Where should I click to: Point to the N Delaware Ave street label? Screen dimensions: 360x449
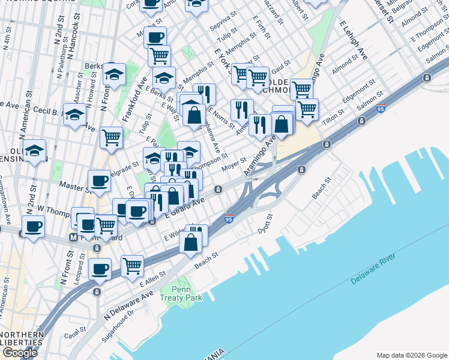[129, 306]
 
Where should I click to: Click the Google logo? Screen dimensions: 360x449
[20, 353]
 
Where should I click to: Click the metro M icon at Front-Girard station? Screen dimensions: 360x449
[73, 238]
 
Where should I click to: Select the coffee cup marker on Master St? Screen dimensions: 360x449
[99, 180]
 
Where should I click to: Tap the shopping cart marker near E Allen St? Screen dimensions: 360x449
[132, 265]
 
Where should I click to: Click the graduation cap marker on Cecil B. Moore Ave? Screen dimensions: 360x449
[75, 115]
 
